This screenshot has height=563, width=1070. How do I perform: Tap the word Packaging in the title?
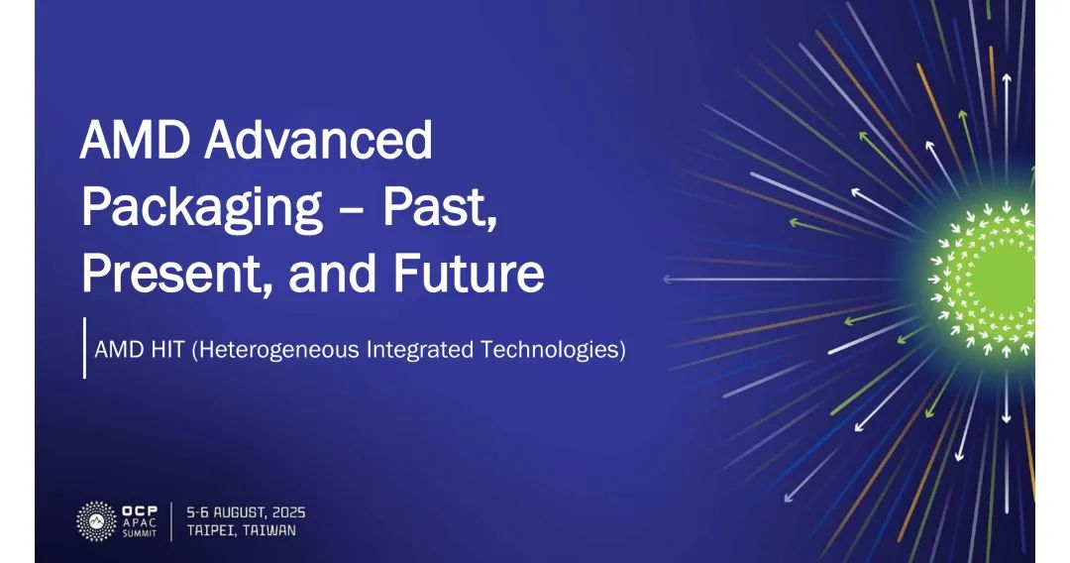tap(202, 209)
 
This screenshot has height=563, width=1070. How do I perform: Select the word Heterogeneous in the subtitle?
tap(275, 350)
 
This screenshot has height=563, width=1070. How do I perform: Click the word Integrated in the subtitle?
tap(420, 350)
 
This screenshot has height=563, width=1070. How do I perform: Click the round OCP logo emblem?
tap(97, 521)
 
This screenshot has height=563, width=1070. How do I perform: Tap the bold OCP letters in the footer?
tap(140, 510)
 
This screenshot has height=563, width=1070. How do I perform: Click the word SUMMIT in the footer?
tap(140, 533)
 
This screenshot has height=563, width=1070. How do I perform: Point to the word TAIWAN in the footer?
tap(269, 530)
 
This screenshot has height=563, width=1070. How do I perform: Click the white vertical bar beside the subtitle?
tap(84, 347)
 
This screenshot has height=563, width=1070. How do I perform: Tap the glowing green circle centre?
tap(997, 280)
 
